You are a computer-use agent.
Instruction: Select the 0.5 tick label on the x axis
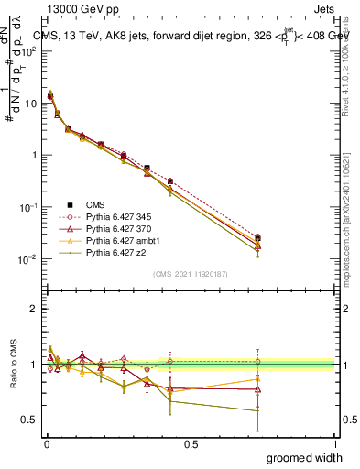click(x=190, y=442)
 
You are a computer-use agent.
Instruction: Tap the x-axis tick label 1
click(x=335, y=442)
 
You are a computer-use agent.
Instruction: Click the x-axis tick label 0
click(x=46, y=442)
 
